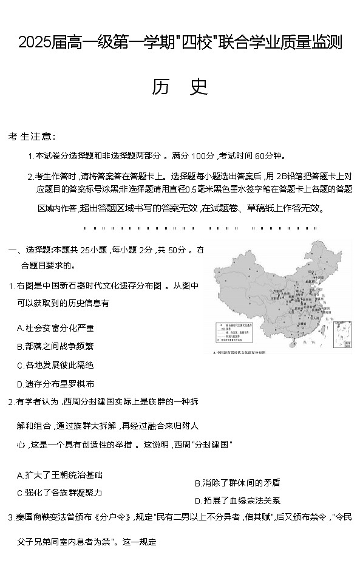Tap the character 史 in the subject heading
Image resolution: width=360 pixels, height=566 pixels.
point(198,87)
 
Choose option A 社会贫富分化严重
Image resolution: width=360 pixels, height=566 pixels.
point(55,328)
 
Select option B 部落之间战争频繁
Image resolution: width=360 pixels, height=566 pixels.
point(55,347)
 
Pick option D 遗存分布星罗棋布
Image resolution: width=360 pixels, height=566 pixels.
point(55,384)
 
